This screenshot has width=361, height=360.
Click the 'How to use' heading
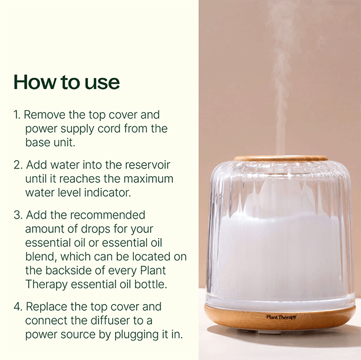[67, 82]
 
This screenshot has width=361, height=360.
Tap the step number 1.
[17, 115]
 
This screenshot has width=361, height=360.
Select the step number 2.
[18, 165]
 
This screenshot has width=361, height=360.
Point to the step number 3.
[18, 215]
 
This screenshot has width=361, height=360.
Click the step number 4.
[18, 307]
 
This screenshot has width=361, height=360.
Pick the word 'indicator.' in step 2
[107, 193]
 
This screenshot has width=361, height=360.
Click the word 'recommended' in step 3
[107, 215]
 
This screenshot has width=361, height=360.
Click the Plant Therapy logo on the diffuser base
[281, 317]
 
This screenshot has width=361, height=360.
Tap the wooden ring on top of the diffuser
[280, 158]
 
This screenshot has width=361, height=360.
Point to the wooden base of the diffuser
[280, 319]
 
